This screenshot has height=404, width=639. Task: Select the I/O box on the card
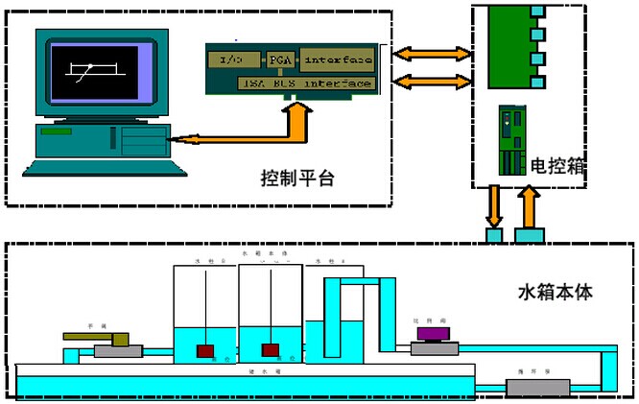(x=229, y=59)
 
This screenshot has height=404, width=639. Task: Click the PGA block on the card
(x=279, y=59)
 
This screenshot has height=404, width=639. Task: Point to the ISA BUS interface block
(x=304, y=84)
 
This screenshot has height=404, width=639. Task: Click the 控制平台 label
(x=296, y=178)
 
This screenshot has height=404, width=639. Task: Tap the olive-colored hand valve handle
(x=97, y=338)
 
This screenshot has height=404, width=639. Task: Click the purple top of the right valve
(x=438, y=333)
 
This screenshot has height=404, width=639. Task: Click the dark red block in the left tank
(x=205, y=350)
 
